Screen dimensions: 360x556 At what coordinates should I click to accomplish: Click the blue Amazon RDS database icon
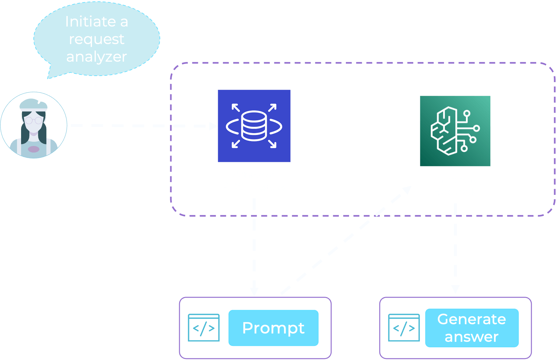click(x=254, y=126)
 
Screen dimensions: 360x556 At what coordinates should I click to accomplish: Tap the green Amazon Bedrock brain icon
click(x=455, y=131)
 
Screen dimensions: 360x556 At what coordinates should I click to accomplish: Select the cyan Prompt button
click(x=273, y=328)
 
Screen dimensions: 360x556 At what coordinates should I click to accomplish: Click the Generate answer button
click(x=472, y=328)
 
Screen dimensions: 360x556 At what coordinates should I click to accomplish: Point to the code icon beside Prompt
click(x=204, y=328)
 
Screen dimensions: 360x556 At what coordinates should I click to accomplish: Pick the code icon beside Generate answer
click(x=404, y=328)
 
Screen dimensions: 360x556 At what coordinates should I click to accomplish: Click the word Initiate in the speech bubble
click(x=90, y=22)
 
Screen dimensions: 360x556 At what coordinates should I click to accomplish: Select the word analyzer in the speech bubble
click(x=96, y=57)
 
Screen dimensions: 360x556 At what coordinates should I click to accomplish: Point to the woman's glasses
click(x=34, y=120)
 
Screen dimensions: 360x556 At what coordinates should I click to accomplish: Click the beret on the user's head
click(x=34, y=104)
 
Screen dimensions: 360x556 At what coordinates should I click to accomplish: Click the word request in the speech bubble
click(x=96, y=39)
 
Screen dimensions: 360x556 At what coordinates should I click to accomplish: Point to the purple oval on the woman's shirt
click(x=34, y=149)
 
